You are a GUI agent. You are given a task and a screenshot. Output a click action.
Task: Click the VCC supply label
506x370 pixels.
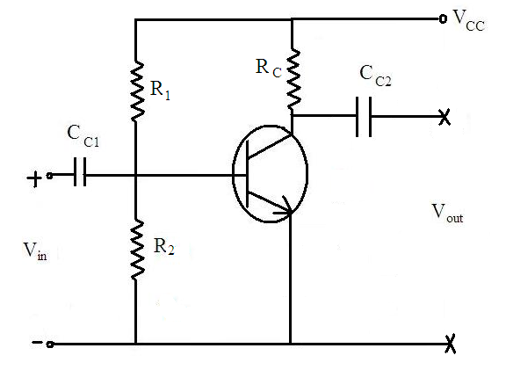point(468,20)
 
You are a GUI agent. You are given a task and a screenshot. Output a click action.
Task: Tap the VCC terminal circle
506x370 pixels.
point(443,18)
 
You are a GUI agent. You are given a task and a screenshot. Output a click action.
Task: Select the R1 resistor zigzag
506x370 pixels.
point(137,91)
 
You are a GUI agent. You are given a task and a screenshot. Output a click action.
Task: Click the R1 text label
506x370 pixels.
point(161,90)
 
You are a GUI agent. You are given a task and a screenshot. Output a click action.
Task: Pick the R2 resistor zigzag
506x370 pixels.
point(137,250)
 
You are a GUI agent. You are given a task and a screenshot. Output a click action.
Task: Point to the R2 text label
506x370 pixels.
point(163,247)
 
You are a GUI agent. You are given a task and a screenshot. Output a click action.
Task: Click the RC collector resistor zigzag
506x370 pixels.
point(293,79)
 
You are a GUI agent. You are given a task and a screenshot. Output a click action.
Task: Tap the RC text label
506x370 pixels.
point(269,69)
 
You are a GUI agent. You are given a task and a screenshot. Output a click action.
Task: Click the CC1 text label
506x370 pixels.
point(83,136)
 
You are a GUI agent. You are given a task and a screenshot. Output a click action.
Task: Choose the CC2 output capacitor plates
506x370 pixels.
point(364,117)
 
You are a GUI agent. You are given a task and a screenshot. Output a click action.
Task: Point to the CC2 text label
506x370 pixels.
point(375,76)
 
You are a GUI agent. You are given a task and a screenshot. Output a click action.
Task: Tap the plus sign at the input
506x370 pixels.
point(34,179)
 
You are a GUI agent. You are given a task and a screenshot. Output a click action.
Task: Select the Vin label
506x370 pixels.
point(35,251)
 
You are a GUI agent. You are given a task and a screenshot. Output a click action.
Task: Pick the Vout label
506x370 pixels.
point(447,213)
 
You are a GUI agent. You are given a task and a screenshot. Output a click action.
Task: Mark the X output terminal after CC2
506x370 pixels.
point(445,117)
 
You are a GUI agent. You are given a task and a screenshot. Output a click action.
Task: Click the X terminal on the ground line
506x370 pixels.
point(451,345)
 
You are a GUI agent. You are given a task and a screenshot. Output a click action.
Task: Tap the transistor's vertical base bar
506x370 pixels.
point(248,174)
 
